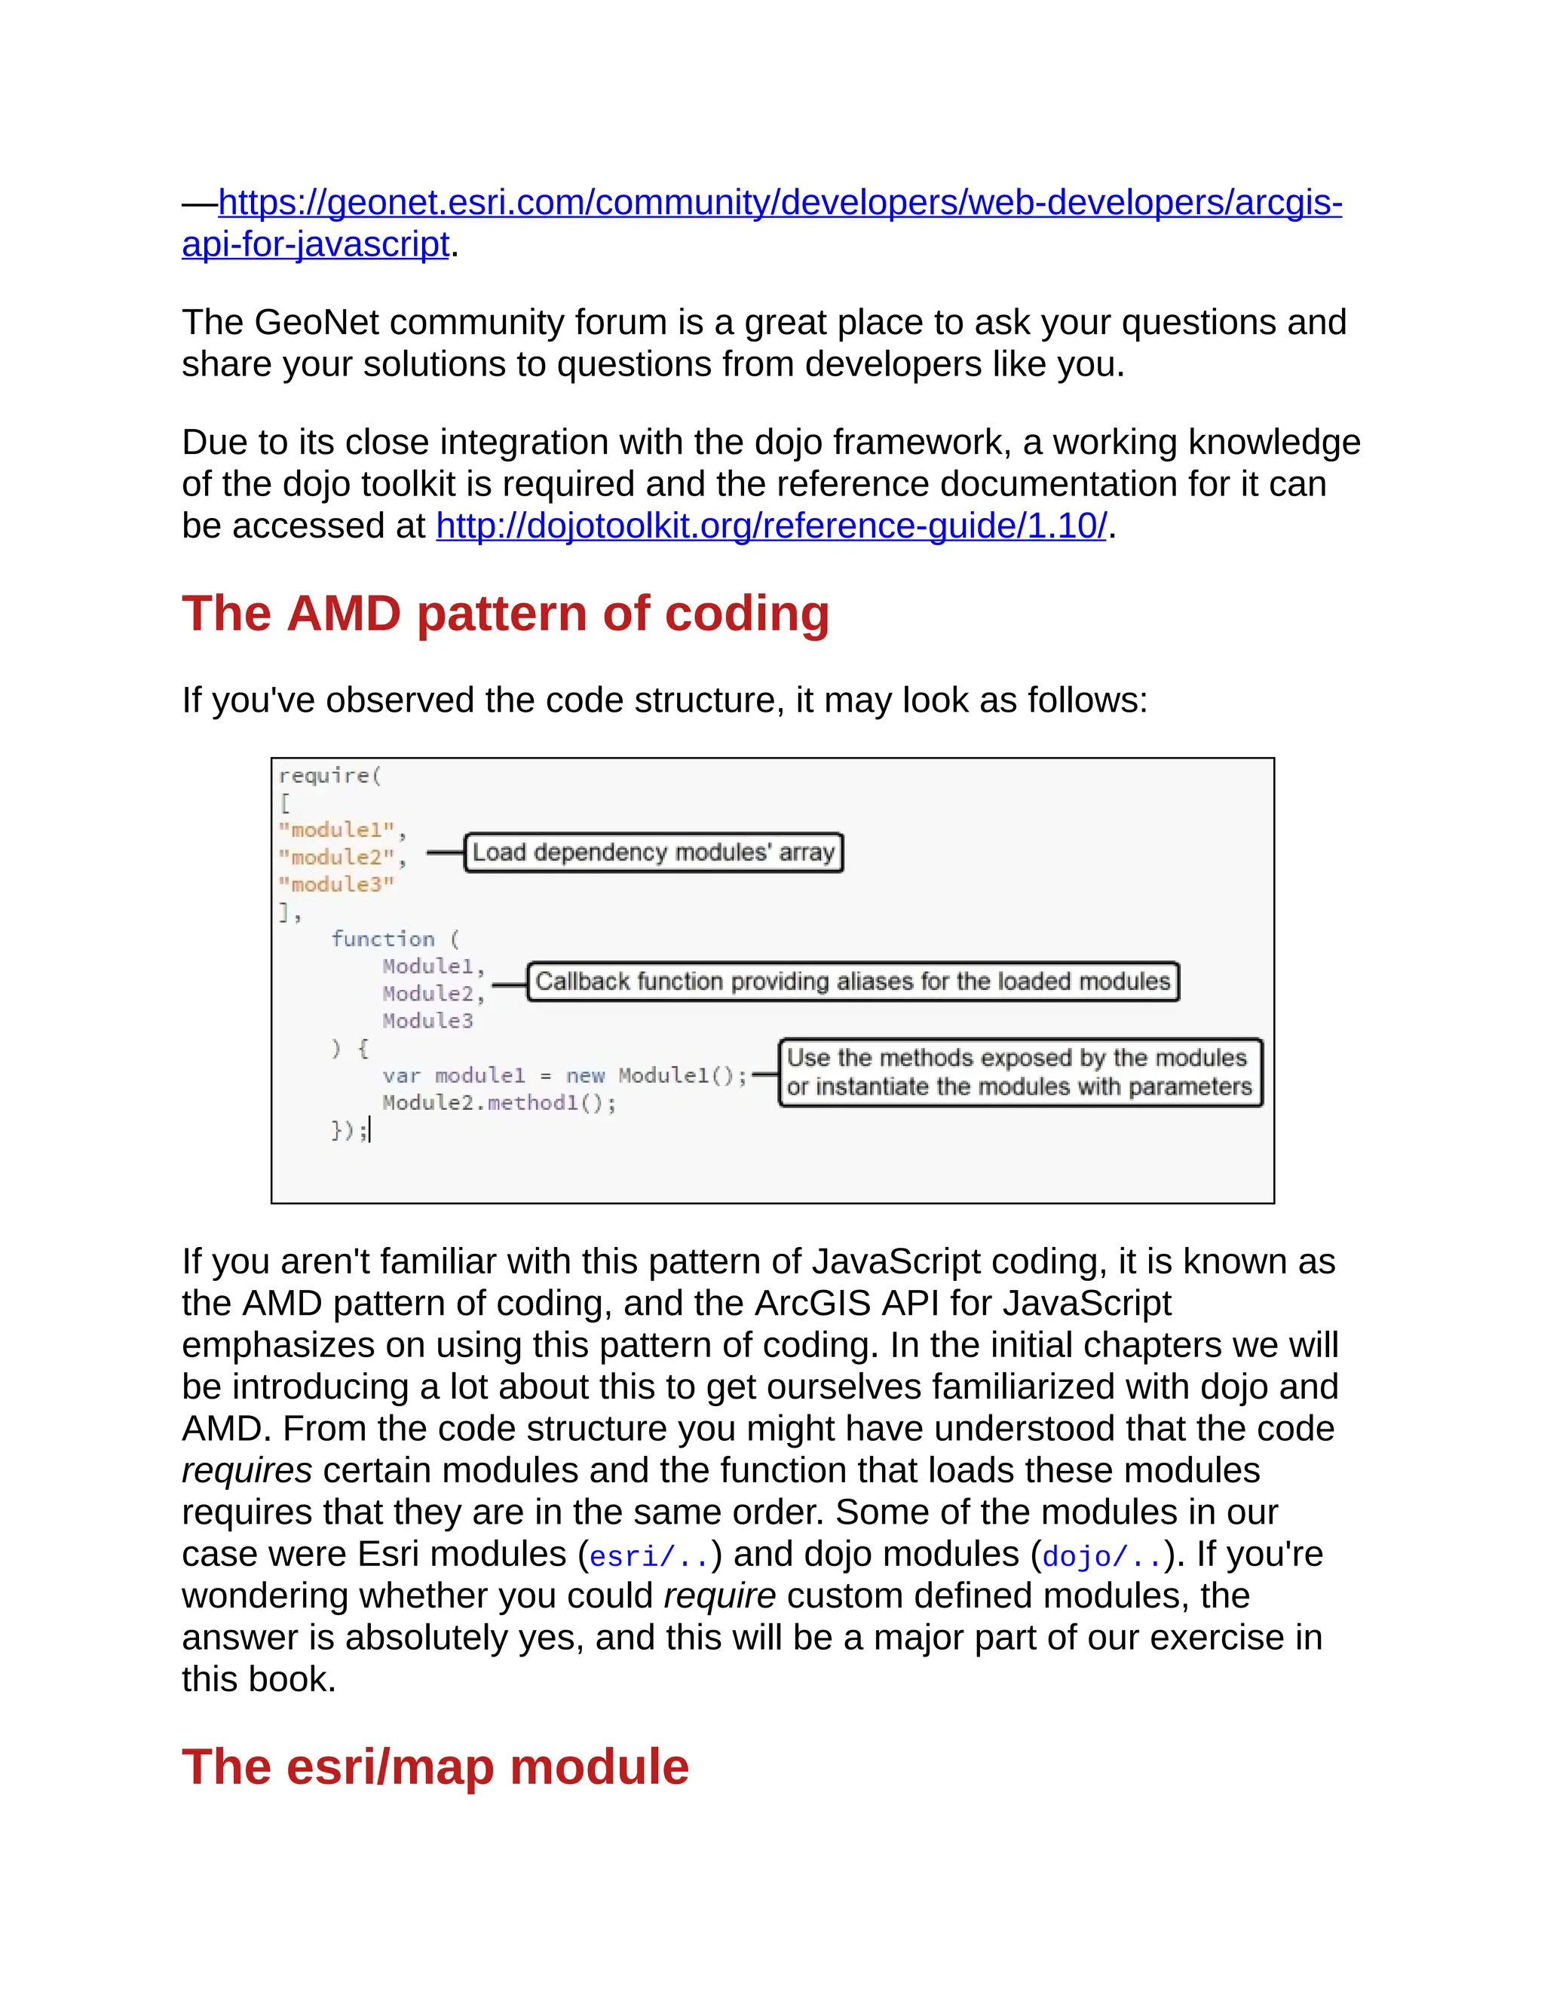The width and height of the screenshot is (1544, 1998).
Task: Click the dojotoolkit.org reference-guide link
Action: (x=771, y=526)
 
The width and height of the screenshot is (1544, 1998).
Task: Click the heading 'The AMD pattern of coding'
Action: (x=505, y=613)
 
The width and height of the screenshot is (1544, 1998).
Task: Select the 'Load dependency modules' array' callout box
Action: (x=653, y=853)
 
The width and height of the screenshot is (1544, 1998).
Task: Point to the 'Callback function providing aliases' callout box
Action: (x=853, y=982)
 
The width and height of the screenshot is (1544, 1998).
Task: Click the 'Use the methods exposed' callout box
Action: (x=1020, y=1072)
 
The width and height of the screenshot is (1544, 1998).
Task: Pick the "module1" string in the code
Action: (x=336, y=830)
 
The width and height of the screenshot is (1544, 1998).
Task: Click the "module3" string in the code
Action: (x=336, y=884)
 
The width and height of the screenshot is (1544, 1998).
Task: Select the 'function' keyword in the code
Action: (x=382, y=939)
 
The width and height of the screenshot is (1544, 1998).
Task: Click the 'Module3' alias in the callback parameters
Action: (x=427, y=1021)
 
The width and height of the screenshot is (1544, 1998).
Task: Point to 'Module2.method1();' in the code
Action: (x=498, y=1103)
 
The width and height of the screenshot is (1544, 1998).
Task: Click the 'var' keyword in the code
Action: (x=402, y=1076)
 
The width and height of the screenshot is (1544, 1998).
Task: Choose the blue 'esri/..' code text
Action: (x=649, y=1556)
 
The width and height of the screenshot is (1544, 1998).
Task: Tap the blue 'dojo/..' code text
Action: (x=1102, y=1556)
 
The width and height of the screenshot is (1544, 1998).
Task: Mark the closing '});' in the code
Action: (x=348, y=1131)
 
